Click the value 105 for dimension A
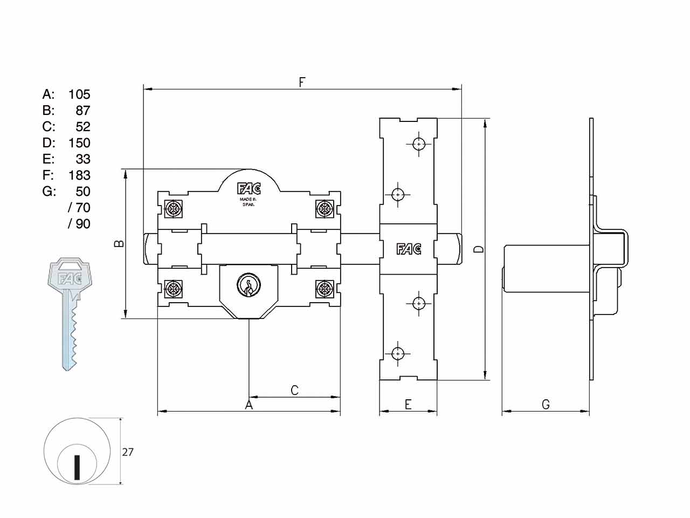(x=80, y=94)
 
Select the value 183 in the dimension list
(x=80, y=175)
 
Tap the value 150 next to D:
(x=80, y=143)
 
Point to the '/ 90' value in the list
(x=79, y=223)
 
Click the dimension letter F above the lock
(x=302, y=82)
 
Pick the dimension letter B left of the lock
(x=119, y=243)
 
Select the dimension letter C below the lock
(x=294, y=390)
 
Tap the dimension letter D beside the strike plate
(x=479, y=249)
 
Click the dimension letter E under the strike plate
(x=408, y=405)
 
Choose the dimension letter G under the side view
(x=546, y=405)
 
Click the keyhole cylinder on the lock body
(x=249, y=285)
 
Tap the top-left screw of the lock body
(x=174, y=208)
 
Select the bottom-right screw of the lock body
(x=324, y=288)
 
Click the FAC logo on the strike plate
(x=409, y=249)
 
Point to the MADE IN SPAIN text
(x=249, y=202)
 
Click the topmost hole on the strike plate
(x=419, y=145)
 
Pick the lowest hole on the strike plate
(x=398, y=354)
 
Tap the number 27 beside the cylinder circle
(x=128, y=452)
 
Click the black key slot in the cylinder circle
(x=77, y=467)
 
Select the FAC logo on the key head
(x=70, y=278)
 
